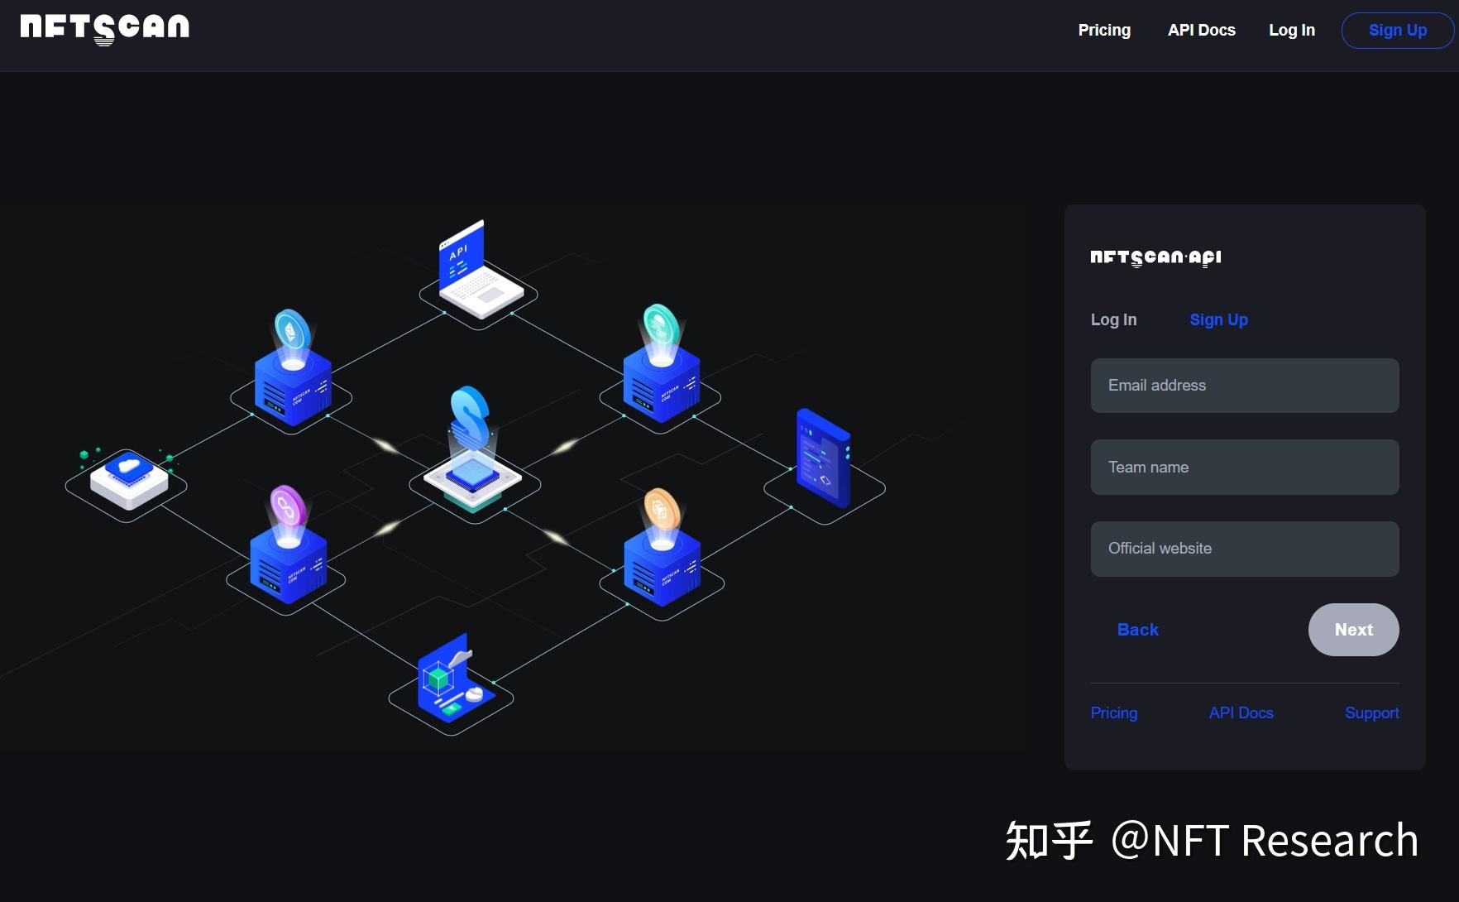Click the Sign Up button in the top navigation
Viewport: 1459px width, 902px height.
pyautogui.click(x=1397, y=31)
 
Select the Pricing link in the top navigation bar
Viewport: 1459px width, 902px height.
pyautogui.click(x=1104, y=31)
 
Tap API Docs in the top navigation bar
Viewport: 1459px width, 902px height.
pyautogui.click(x=1201, y=31)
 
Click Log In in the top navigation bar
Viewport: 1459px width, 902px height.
pyautogui.click(x=1291, y=31)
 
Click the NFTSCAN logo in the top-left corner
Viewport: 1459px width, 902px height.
pyautogui.click(x=105, y=28)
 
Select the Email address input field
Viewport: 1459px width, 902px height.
pyautogui.click(x=1244, y=386)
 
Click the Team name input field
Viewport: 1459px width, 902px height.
pyautogui.click(x=1244, y=468)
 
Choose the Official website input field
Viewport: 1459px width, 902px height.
pyautogui.click(x=1244, y=549)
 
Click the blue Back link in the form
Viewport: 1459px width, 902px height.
pyautogui.click(x=1137, y=630)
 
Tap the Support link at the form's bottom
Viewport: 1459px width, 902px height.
pyautogui.click(x=1371, y=713)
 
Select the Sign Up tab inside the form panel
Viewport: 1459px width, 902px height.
pyautogui.click(x=1218, y=320)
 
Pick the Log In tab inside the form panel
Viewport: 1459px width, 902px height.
pyautogui.click(x=1113, y=320)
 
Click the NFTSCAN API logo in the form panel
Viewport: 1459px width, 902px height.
pyautogui.click(x=1155, y=258)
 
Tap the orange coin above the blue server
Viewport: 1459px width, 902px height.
pyautogui.click(x=661, y=510)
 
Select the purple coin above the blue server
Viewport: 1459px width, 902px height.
pyautogui.click(x=287, y=506)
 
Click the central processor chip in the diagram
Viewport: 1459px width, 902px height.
pyautogui.click(x=472, y=475)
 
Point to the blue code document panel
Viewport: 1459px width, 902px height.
pyautogui.click(x=822, y=457)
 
